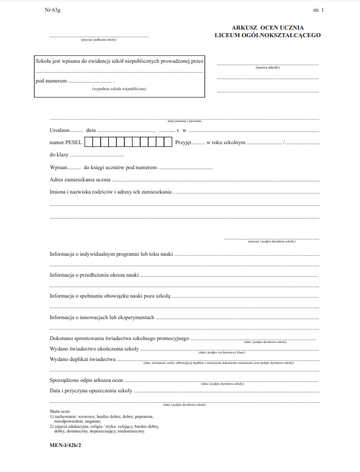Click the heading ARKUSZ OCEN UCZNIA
point(267,28)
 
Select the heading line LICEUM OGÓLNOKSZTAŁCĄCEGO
point(267,35)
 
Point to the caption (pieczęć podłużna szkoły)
point(99,40)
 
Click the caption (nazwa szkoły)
point(268,68)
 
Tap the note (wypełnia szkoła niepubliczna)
point(119,88)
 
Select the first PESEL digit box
point(88,142)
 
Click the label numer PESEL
point(66,142)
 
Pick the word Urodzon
point(59,130)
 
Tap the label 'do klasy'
point(59,155)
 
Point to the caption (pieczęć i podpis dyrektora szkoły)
point(272,241)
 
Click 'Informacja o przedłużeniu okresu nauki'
point(94,275)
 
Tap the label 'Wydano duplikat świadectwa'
point(83,360)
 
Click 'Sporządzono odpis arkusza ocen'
point(86,380)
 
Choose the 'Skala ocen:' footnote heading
point(60,412)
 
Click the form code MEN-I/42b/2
point(65,444)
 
